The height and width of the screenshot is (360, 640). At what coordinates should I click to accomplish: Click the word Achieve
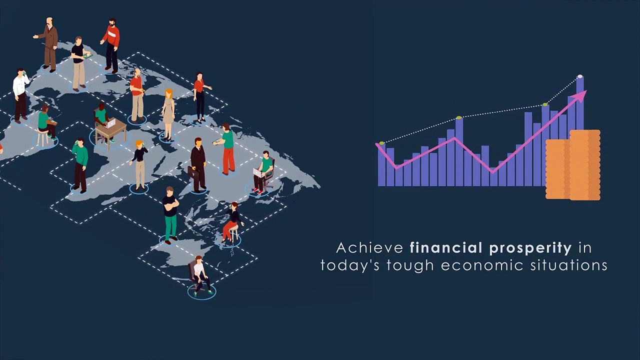[x=369, y=248]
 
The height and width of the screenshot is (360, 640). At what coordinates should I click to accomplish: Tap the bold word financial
[x=446, y=248]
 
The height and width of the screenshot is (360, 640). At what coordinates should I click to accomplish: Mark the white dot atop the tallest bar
[x=580, y=77]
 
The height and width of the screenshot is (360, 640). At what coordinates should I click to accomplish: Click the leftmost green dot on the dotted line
[x=382, y=143]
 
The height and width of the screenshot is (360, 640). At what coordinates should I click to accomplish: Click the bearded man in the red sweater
[x=111, y=45]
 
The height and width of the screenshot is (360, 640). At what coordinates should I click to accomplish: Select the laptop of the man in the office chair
[x=259, y=173]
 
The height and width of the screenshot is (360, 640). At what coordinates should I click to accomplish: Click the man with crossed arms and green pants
[x=170, y=215]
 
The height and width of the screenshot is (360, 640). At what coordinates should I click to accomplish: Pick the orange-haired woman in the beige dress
[x=168, y=114]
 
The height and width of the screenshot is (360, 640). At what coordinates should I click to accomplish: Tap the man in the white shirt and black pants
[x=20, y=95]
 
